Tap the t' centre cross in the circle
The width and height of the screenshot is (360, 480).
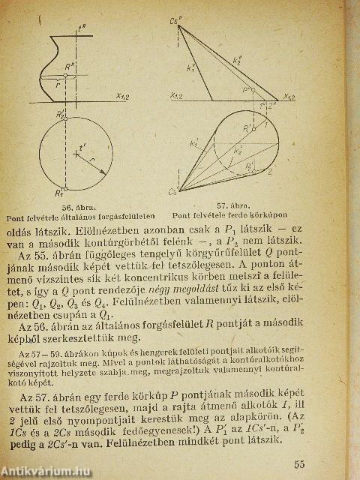[76, 154]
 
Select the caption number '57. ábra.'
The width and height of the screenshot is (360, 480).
[232, 204]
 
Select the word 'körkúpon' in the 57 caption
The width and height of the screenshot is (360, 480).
[272, 214]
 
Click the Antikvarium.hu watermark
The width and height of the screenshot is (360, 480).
[43, 472]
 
